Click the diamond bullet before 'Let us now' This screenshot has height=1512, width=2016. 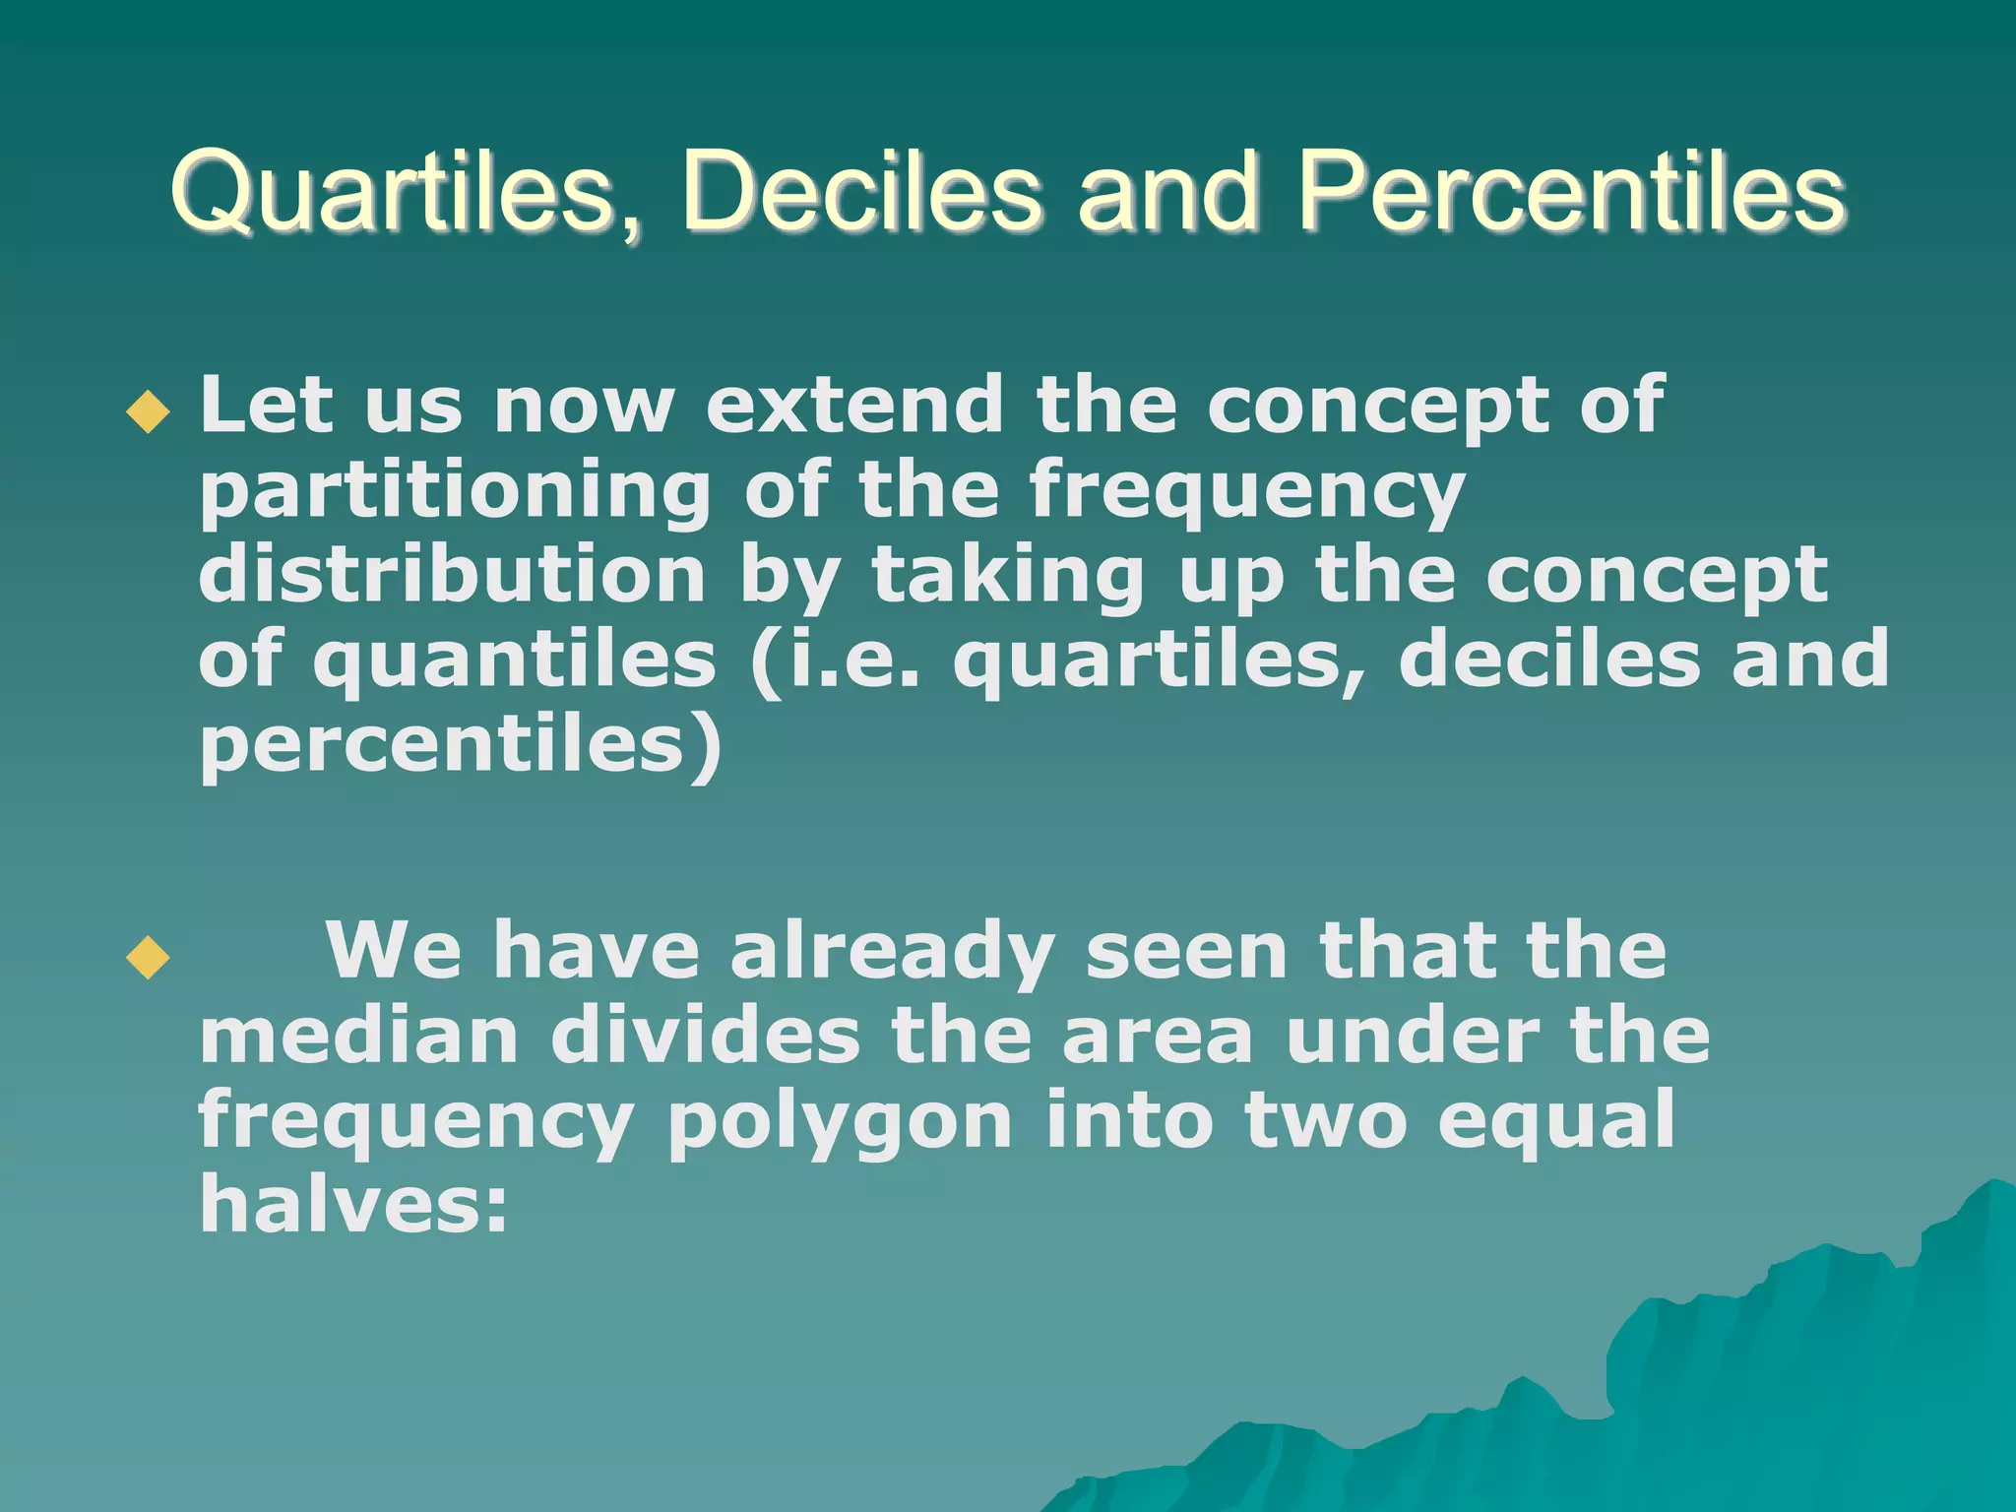[x=149, y=411]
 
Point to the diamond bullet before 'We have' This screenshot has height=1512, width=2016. [x=149, y=958]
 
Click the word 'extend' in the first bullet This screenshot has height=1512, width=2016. [x=854, y=405]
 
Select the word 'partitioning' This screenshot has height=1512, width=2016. [x=455, y=491]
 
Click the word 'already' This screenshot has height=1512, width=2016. [x=892, y=952]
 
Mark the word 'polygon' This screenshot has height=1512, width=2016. [x=840, y=1122]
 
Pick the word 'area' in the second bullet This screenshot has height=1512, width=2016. [x=1158, y=1038]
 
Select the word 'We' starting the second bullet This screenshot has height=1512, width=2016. [x=394, y=952]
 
